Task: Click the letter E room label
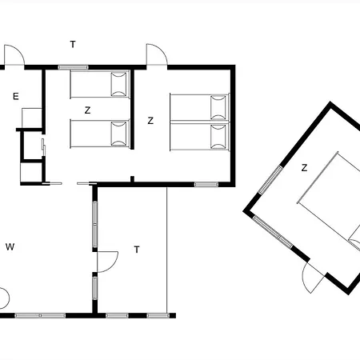(x=16, y=96)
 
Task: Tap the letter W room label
(x=10, y=247)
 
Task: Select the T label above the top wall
(x=73, y=44)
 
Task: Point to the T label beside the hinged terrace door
(x=137, y=250)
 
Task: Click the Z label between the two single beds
(x=87, y=110)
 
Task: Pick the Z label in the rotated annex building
(x=304, y=168)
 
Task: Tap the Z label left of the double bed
(x=150, y=121)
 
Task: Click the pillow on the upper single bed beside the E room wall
(x=118, y=84)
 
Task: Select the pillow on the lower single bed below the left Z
(x=118, y=134)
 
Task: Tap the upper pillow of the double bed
(x=218, y=107)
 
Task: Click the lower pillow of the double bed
(x=218, y=137)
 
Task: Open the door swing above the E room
(x=14, y=55)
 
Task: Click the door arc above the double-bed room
(x=157, y=54)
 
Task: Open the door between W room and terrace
(x=107, y=262)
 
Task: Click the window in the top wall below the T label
(x=73, y=67)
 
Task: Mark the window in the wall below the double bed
(x=206, y=184)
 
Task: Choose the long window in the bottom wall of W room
(x=40, y=316)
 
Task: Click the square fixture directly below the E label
(x=32, y=118)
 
